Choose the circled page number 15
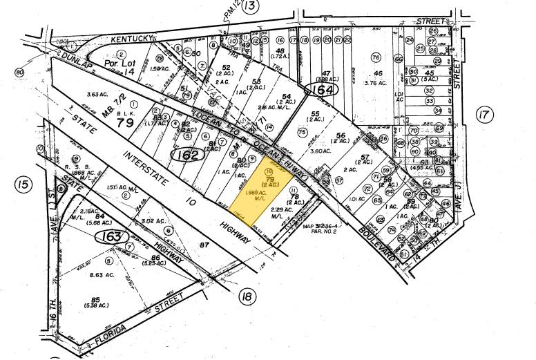pos(24,184)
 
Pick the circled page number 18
pos(246,298)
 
